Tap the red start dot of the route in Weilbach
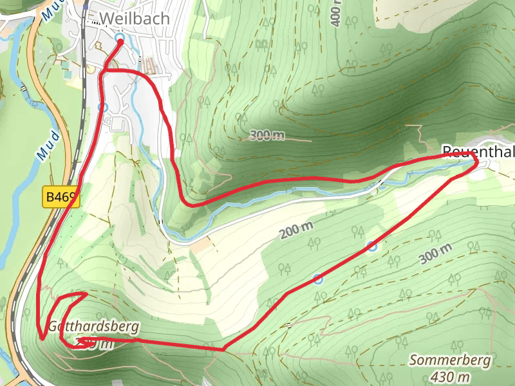coord(120,42)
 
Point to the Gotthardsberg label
coord(93,326)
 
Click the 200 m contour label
coord(296,230)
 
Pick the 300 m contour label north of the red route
coord(267,135)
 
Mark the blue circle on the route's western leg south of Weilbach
coord(102,107)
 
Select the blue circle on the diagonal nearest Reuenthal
coord(372,246)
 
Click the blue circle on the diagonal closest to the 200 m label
coord(317,278)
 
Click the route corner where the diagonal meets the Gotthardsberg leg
coord(223,349)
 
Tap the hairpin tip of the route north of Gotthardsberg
coord(86,294)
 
